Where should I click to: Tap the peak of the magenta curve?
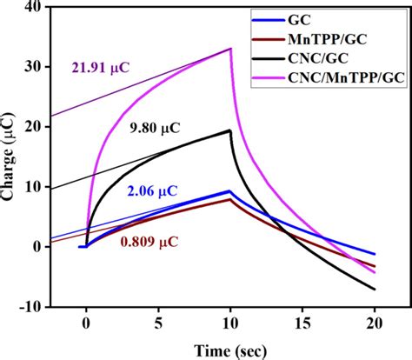click(x=230, y=49)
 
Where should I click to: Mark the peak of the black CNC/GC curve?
click(x=230, y=130)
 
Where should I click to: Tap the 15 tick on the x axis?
click(x=302, y=322)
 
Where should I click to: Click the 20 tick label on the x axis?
click(x=375, y=322)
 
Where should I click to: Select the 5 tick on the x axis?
click(x=158, y=322)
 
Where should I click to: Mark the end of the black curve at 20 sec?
click(x=375, y=289)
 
